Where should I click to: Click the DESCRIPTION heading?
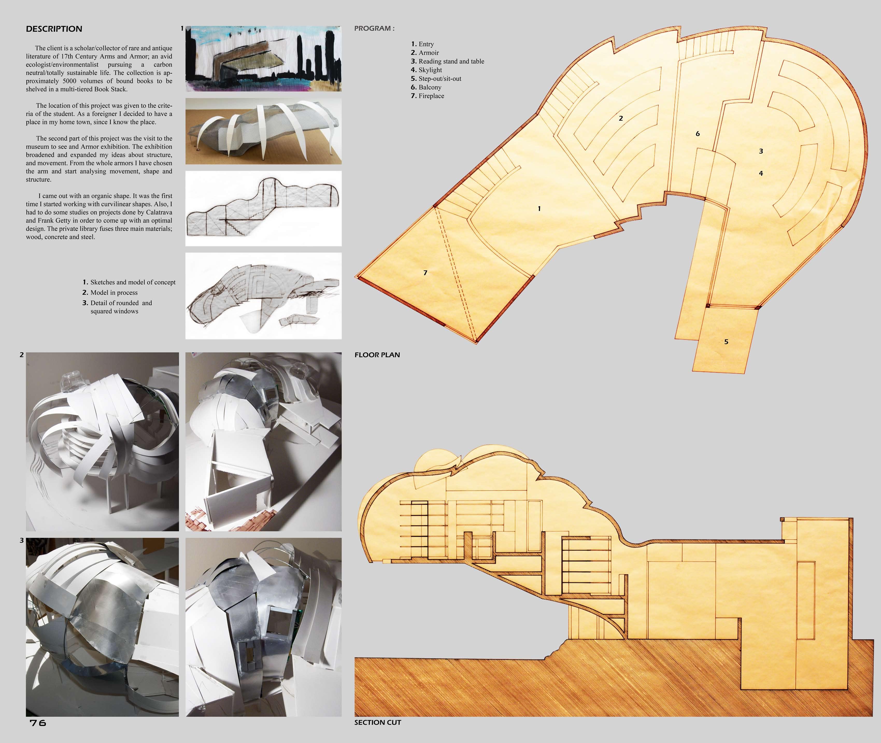54,29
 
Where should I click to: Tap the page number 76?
38,723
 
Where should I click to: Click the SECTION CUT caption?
377,722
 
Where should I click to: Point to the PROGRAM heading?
374,29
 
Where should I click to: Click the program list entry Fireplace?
431,96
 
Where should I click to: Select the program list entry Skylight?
430,70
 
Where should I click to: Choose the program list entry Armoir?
428,53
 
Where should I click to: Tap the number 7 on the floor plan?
425,273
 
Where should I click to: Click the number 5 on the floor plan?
726,342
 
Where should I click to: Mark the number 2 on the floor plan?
621,118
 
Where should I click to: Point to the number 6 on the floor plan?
698,134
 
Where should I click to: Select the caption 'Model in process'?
114,293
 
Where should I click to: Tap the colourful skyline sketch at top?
263,59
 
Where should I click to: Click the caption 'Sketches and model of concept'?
133,282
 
